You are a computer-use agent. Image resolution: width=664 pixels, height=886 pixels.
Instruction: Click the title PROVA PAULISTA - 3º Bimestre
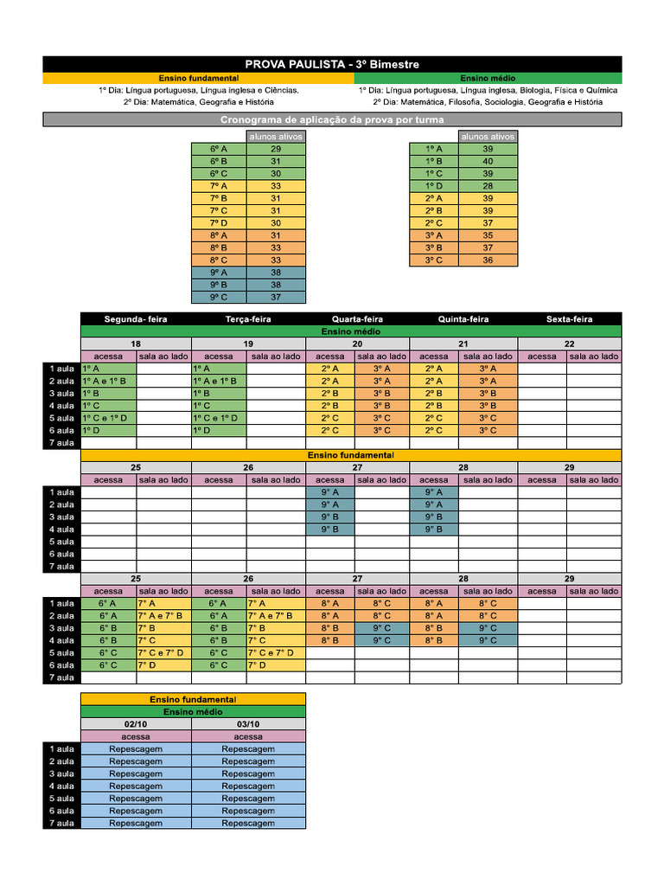click(332, 64)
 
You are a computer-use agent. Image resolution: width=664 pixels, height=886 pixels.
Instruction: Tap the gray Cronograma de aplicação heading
click(332, 119)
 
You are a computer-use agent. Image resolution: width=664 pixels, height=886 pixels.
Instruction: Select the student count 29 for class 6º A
click(276, 149)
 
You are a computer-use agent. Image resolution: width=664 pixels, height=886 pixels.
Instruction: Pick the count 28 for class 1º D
click(488, 186)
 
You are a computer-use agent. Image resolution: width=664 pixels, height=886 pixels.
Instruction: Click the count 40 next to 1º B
click(488, 161)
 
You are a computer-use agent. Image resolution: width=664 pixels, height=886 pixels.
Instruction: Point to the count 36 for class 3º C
click(488, 260)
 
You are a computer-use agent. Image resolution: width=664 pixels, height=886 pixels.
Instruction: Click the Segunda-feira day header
click(136, 318)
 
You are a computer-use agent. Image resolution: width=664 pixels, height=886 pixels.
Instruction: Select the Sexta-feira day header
click(569, 318)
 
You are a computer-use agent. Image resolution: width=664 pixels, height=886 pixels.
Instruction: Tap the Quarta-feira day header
click(357, 318)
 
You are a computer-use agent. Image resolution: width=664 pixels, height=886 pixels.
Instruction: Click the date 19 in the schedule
click(248, 343)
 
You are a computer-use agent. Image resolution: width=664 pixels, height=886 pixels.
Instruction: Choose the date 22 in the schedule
click(569, 343)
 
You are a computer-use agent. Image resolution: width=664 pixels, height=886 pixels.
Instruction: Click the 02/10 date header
click(136, 724)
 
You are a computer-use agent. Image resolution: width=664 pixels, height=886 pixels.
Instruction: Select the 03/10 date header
click(248, 724)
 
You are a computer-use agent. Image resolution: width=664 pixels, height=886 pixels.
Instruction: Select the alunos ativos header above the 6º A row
click(276, 136)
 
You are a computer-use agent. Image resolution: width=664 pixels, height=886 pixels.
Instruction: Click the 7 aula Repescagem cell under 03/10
click(248, 824)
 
